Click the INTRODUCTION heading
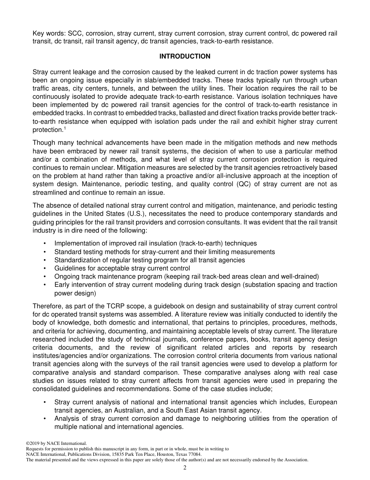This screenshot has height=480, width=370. tap(185, 57)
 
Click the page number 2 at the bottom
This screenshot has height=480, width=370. tap(185, 468)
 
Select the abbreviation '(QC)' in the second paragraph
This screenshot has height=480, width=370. tap(245, 184)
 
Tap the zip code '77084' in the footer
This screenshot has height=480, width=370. tap(194, 455)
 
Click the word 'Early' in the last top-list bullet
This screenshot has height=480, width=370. tap(62, 285)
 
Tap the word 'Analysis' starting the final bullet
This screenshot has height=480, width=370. tap(66, 419)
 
